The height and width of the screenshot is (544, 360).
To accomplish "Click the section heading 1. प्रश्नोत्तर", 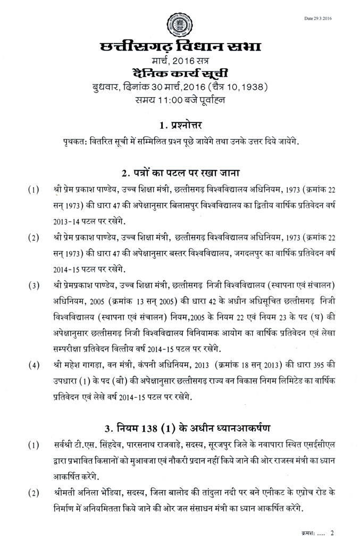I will click(180, 126).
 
